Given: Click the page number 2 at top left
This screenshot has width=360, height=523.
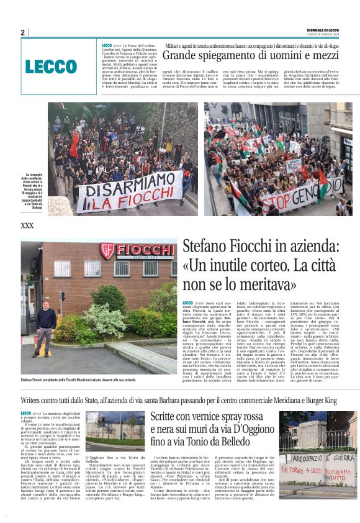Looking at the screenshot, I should [23, 33].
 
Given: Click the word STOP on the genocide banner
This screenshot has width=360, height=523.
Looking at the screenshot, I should [289, 202].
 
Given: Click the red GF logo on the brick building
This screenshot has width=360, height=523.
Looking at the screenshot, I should [107, 251].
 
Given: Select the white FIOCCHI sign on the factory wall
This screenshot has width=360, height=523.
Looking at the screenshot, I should [142, 251].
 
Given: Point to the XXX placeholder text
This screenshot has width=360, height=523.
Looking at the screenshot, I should [27, 225].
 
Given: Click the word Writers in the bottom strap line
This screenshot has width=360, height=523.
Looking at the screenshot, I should [36, 401].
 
